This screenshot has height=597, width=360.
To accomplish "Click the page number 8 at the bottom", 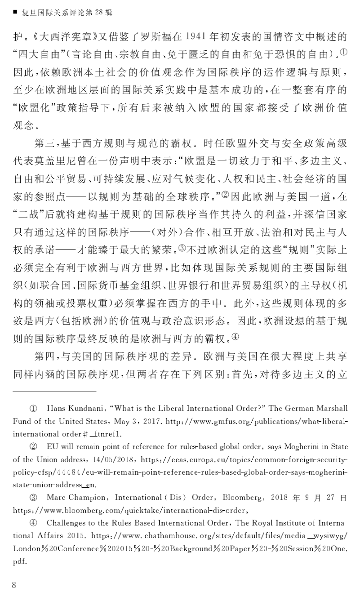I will click(14, 584).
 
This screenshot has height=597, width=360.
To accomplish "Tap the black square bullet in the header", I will click(15, 12).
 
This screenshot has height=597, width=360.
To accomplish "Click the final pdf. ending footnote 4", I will click(20, 561).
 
